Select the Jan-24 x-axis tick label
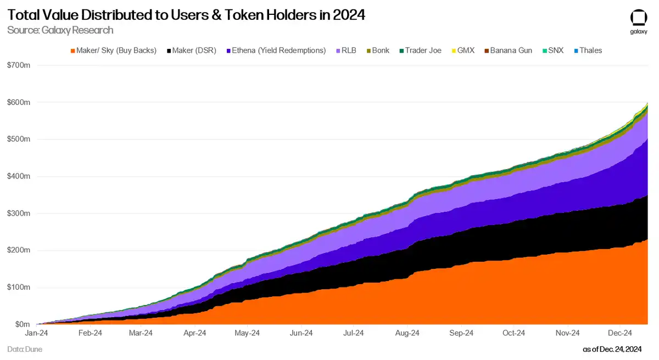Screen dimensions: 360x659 tap(36, 333)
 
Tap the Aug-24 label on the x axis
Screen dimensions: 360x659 tap(407, 333)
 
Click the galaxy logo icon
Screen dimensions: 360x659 tap(638, 18)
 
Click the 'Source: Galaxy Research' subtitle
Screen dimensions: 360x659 tap(60, 30)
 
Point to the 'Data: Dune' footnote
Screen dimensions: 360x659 tap(25, 349)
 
